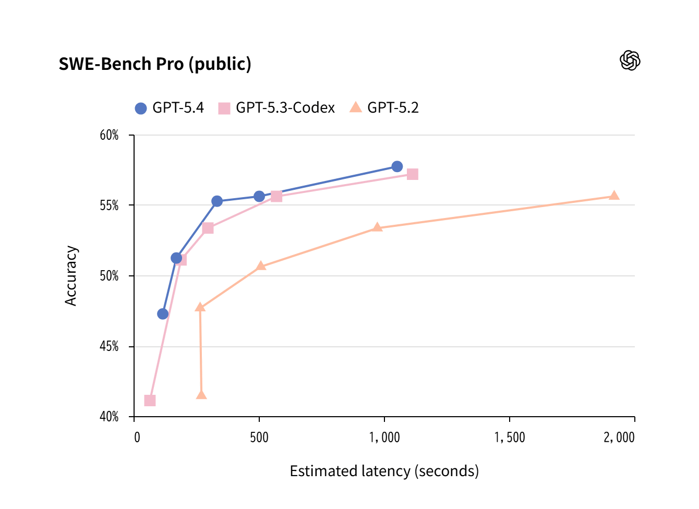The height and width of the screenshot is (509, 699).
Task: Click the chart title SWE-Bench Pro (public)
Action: (155, 64)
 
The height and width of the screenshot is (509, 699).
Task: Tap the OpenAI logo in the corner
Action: (630, 60)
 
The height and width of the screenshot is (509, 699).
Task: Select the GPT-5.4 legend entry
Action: (170, 108)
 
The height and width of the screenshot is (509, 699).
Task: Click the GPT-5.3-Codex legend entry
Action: (276, 108)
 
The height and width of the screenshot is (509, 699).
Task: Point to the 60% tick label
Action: (109, 135)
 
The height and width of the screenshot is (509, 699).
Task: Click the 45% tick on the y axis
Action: (109, 346)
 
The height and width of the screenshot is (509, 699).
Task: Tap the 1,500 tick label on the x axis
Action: (509, 437)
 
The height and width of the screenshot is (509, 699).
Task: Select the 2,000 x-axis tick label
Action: (619, 437)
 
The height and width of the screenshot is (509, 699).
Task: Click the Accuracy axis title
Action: (71, 275)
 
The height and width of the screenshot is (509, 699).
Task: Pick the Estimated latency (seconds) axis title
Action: (384, 471)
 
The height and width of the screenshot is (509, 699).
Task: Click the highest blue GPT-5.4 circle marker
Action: (397, 166)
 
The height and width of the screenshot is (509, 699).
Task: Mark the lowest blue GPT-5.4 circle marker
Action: (163, 313)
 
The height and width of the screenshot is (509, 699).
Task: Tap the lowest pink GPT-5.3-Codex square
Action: (150, 401)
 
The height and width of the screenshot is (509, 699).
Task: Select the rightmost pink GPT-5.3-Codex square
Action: (412, 174)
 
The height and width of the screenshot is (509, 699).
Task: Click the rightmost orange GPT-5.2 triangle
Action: (614, 196)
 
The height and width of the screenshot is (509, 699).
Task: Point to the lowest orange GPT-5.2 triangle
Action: (201, 395)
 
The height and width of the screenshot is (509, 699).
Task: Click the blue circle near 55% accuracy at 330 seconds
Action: (217, 201)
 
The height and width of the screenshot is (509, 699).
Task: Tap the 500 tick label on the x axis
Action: (259, 437)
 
